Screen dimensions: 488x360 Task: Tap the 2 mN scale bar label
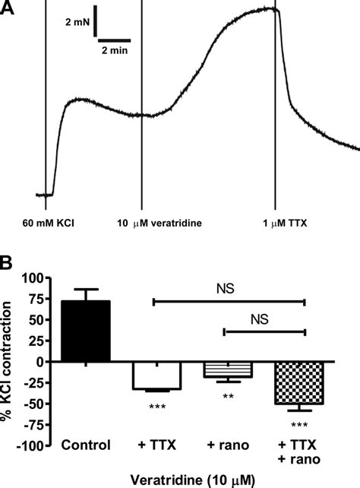[x=77, y=24]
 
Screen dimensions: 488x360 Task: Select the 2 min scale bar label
[x=115, y=50]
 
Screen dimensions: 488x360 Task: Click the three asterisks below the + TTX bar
[x=156, y=405]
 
